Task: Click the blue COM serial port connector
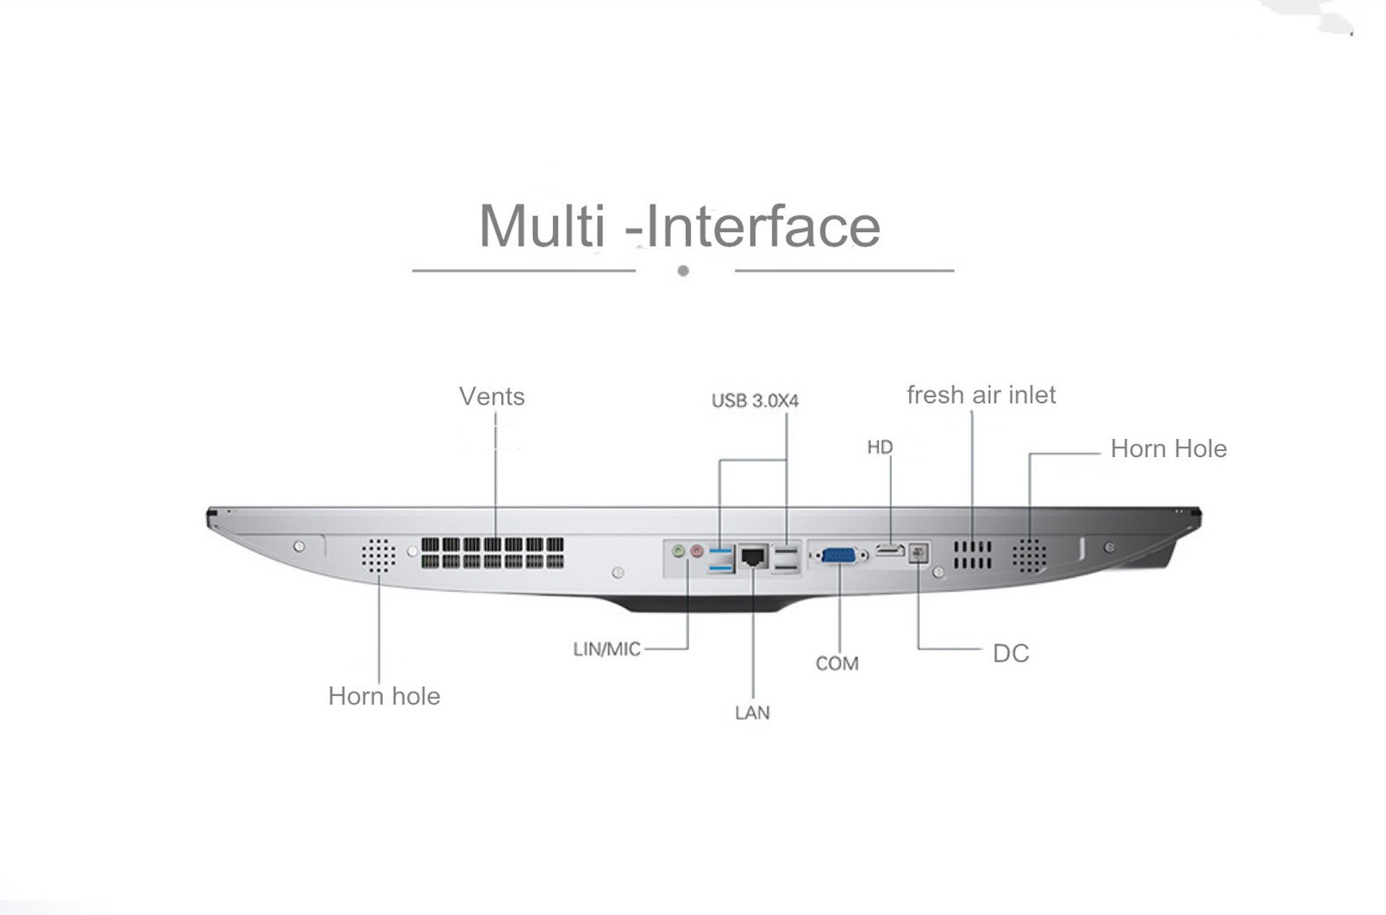pyautogui.click(x=839, y=555)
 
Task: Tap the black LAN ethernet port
pyautogui.click(x=753, y=556)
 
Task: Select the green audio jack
pyautogui.click(x=679, y=550)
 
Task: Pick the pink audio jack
pyautogui.click(x=697, y=550)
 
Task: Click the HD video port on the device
pyautogui.click(x=890, y=550)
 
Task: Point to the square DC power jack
pyautogui.click(x=919, y=553)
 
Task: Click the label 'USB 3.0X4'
pyautogui.click(x=755, y=401)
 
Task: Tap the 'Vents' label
pyautogui.click(x=492, y=397)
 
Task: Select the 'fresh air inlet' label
pyautogui.click(x=981, y=395)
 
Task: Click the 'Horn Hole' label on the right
pyautogui.click(x=1169, y=449)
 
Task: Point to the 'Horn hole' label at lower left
pyautogui.click(x=385, y=696)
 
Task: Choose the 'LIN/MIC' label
pyautogui.click(x=607, y=649)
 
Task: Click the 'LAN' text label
pyautogui.click(x=752, y=712)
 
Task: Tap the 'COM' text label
pyautogui.click(x=837, y=663)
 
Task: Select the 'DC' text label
pyautogui.click(x=1011, y=654)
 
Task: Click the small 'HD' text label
pyautogui.click(x=880, y=448)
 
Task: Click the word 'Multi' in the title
pyautogui.click(x=542, y=226)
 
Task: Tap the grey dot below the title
pyautogui.click(x=683, y=270)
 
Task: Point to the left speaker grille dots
pyautogui.click(x=379, y=555)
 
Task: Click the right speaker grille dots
pyautogui.click(x=1030, y=555)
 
